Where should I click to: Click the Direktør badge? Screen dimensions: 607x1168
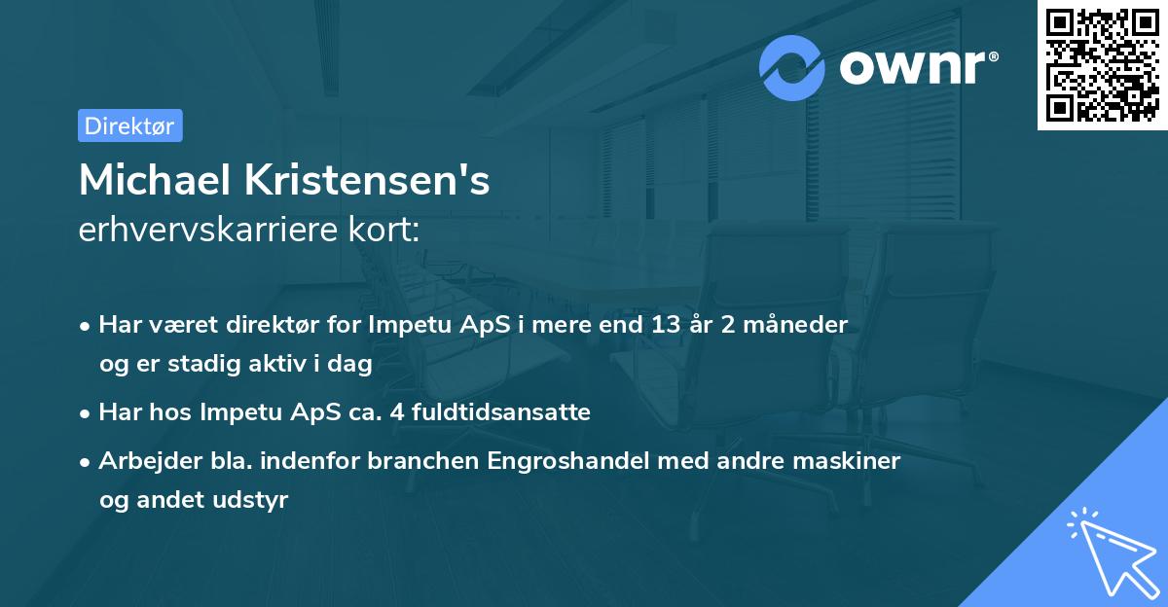129,125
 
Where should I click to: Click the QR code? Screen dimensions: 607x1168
1102,64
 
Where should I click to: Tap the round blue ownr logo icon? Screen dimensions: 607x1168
792,67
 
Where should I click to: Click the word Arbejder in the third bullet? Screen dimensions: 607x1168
142,460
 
